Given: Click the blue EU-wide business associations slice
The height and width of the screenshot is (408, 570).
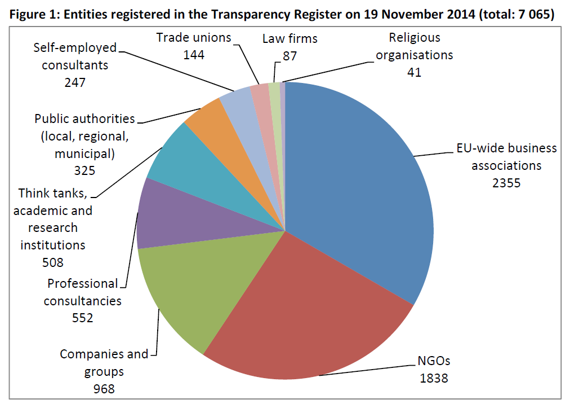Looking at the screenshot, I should [360, 181].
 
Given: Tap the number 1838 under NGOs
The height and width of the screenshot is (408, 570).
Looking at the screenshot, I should [434, 378].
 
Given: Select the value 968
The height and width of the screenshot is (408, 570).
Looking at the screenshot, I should [104, 389].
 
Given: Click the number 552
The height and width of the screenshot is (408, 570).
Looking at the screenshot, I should [82, 318].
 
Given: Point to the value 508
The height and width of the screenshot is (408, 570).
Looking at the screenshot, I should [53, 262].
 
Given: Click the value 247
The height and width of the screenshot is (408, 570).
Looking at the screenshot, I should [74, 82].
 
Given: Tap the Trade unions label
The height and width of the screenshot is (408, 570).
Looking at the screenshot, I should [193, 38].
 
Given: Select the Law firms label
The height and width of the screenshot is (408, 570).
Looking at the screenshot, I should [290, 39].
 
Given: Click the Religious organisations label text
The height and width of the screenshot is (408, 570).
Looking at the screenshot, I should [415, 47].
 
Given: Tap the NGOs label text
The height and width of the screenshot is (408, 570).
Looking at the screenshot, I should [434, 361].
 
